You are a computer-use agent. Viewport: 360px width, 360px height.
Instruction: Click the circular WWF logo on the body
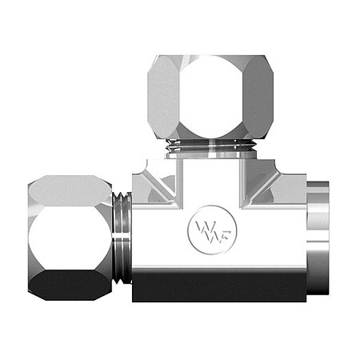point(204,230)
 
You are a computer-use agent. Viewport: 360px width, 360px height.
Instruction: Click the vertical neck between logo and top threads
point(210,180)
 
